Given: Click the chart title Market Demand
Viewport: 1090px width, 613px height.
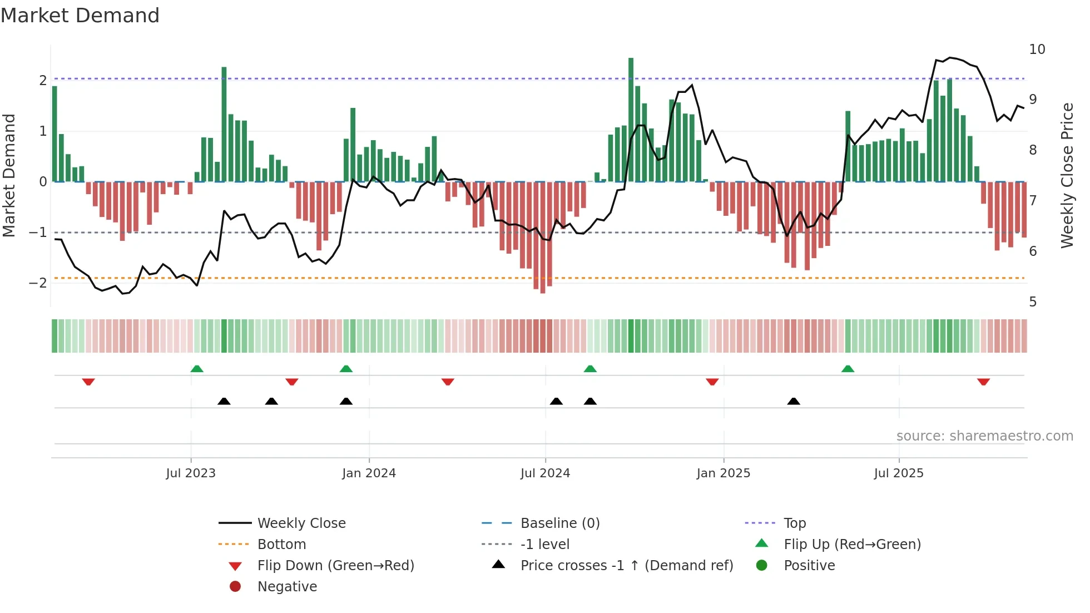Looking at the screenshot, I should point(80,16).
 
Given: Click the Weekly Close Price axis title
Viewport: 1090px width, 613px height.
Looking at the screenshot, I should point(1067,175).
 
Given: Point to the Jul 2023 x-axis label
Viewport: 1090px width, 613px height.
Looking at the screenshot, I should point(190,473).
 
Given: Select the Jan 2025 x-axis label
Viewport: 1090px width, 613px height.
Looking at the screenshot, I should point(723,473).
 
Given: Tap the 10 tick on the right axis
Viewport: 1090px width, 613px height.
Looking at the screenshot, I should point(1037,50).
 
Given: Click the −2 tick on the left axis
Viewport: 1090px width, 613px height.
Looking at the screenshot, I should point(38,283).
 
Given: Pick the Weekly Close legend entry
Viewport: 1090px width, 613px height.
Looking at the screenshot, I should point(301,523).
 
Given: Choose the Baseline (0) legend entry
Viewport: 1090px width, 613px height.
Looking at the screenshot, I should point(559,523).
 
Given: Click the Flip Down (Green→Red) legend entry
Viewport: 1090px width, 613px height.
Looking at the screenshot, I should point(335,566).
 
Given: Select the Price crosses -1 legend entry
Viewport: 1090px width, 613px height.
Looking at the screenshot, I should point(626,566).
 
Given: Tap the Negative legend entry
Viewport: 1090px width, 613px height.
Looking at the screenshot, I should point(287,587).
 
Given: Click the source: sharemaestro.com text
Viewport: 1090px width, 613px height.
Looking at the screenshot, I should point(984,436).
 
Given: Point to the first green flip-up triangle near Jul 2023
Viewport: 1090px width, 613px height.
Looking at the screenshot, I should point(197,369).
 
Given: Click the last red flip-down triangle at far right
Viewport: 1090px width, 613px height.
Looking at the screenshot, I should point(983,382).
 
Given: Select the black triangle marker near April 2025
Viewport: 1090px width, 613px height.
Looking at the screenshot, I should point(794,401).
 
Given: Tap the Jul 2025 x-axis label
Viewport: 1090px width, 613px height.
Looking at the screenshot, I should point(898,473).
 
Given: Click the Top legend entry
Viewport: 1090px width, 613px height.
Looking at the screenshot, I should point(794,523).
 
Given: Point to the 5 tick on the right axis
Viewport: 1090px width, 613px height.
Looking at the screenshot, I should point(1033,302).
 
